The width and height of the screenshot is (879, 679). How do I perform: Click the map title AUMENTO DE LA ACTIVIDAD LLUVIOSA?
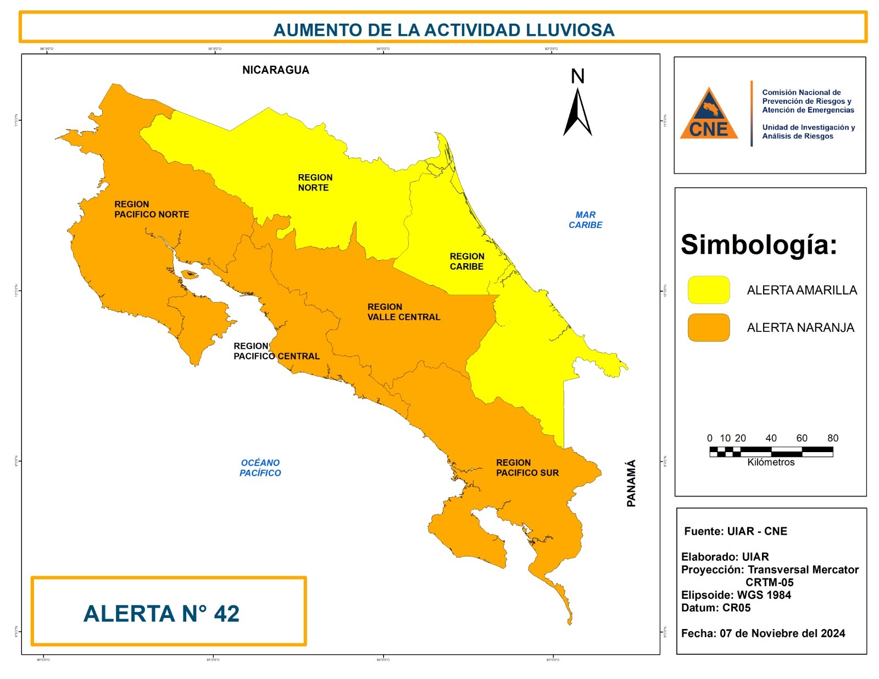443,30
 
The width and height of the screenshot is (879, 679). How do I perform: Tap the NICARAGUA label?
276,70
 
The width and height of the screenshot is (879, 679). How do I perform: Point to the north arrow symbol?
577,107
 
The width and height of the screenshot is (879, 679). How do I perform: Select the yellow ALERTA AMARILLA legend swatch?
709,290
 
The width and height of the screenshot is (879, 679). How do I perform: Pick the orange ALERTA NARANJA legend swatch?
709,327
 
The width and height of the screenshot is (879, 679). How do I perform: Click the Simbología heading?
759,244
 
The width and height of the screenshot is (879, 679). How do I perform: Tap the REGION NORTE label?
315,182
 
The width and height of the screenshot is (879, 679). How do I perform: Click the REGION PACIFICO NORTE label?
151,209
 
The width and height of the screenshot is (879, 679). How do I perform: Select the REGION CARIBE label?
466,261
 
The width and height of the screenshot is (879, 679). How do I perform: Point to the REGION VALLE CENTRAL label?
403,312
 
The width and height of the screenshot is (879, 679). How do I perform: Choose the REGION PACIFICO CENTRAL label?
276,352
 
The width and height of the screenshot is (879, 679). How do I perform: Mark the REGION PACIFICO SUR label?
527,467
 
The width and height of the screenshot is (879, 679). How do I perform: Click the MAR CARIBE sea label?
585,220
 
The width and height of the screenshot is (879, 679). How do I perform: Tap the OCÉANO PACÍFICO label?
260,467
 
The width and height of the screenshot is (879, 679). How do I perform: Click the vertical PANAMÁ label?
631,483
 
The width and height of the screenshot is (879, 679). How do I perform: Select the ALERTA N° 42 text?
162,614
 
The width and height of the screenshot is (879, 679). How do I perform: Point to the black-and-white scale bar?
771,452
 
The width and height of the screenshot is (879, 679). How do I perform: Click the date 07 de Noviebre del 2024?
782,633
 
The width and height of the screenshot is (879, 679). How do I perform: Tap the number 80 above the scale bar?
832,438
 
